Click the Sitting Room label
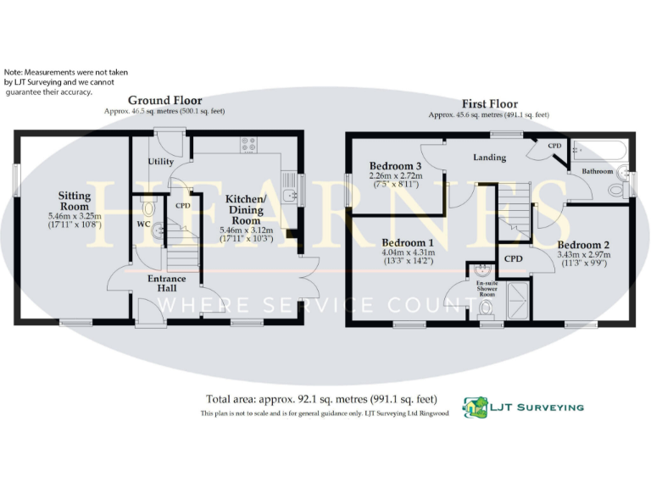(x=75, y=201)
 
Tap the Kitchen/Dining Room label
(x=246, y=209)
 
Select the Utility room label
(x=160, y=161)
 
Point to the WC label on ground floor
(x=143, y=225)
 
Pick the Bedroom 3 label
(x=395, y=165)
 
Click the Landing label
(x=489, y=157)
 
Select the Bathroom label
(x=597, y=171)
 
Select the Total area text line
(x=321, y=399)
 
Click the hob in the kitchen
(x=248, y=144)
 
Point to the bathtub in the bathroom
(x=599, y=151)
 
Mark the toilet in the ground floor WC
(x=149, y=207)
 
